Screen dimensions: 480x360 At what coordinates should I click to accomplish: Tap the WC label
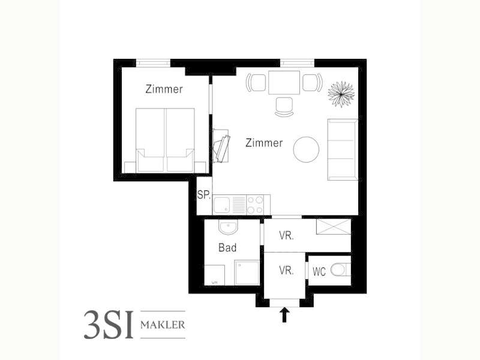(319, 272)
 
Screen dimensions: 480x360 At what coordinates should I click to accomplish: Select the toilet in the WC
(340, 270)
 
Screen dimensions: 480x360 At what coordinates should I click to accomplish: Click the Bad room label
(227, 247)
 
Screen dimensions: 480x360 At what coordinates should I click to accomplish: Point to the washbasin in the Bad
(227, 227)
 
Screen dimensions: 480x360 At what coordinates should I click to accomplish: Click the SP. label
(203, 194)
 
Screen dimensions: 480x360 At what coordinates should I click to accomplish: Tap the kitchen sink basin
(221, 205)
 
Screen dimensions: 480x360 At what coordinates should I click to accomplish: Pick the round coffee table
(306, 149)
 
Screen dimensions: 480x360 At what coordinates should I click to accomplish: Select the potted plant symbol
(341, 94)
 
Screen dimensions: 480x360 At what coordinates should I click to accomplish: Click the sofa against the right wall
(343, 149)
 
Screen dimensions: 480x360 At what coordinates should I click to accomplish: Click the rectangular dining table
(284, 83)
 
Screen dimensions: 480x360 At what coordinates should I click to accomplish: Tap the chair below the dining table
(284, 107)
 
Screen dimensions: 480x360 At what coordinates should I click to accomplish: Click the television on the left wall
(222, 148)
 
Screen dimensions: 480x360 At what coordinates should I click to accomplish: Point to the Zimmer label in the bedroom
(164, 89)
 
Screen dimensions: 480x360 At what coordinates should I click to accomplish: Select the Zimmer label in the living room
(264, 143)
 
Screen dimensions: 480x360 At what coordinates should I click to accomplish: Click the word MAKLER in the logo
(163, 325)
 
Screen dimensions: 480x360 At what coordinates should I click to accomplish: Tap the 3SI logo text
(109, 325)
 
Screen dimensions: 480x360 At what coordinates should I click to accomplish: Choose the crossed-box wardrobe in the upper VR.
(334, 227)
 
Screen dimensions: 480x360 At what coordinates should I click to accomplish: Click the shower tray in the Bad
(247, 272)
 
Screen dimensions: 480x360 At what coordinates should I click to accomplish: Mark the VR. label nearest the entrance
(286, 271)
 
